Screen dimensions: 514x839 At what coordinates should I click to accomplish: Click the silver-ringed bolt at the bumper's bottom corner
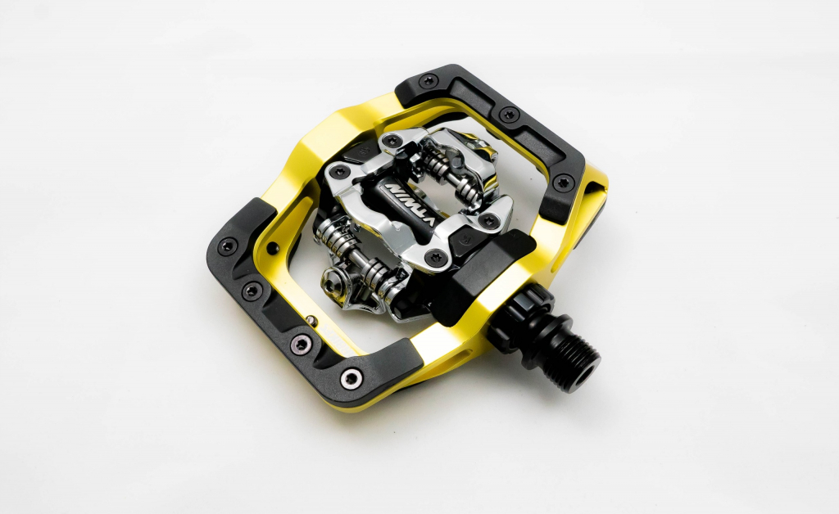352,377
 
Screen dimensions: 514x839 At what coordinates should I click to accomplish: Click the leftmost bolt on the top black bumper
429,80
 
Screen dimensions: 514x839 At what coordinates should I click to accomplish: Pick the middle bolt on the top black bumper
509,115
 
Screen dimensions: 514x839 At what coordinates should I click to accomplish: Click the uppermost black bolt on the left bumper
227,244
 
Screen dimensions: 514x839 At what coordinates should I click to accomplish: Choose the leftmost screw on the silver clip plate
335,174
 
